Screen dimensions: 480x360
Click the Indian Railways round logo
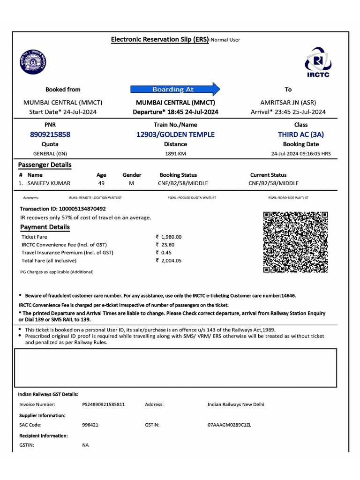(x=33, y=62)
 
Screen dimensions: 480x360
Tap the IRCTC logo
(x=318, y=62)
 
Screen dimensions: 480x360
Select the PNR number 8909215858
(x=50, y=135)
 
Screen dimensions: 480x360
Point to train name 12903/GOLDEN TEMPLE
(x=175, y=135)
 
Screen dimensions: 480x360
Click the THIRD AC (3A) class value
(x=300, y=135)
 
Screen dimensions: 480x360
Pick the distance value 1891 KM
(x=176, y=154)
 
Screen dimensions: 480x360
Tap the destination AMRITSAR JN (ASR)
(x=288, y=102)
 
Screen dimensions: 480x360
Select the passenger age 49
(x=101, y=183)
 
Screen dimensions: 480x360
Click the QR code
(x=295, y=242)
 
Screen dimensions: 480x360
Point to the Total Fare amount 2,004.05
(x=171, y=261)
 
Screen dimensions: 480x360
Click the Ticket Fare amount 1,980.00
(x=171, y=237)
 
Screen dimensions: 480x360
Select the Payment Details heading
(x=45, y=227)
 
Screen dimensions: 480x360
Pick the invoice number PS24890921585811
(x=104, y=404)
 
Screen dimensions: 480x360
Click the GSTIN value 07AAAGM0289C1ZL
(x=229, y=425)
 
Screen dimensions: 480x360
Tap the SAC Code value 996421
(x=90, y=425)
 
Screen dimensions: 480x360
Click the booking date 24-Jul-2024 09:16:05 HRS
(x=300, y=154)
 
